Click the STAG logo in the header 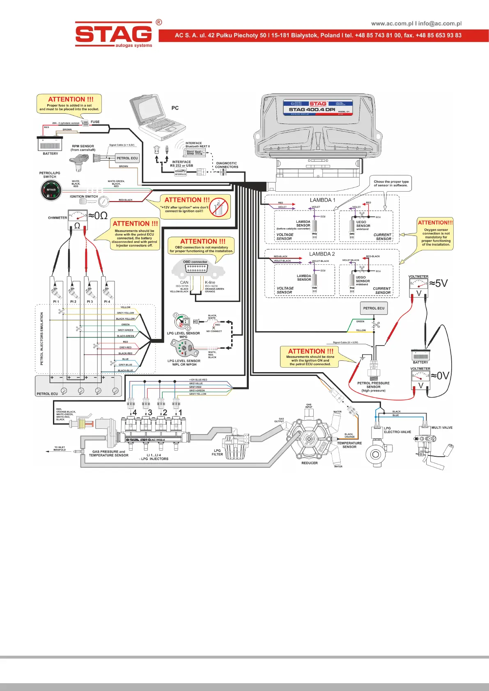point(113,34)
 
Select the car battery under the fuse point(50,144)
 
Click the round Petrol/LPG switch point(51,191)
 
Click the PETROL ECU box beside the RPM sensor point(127,158)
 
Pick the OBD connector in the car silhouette point(196,268)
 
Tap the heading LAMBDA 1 point(322,200)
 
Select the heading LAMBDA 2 point(322,254)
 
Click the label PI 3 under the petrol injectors point(90,302)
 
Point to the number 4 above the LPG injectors point(134,412)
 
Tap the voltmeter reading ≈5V point(438,284)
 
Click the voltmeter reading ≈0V point(440,376)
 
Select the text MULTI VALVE point(442,428)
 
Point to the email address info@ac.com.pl point(440,23)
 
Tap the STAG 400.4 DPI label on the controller point(312,110)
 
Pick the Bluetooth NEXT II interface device point(196,152)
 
